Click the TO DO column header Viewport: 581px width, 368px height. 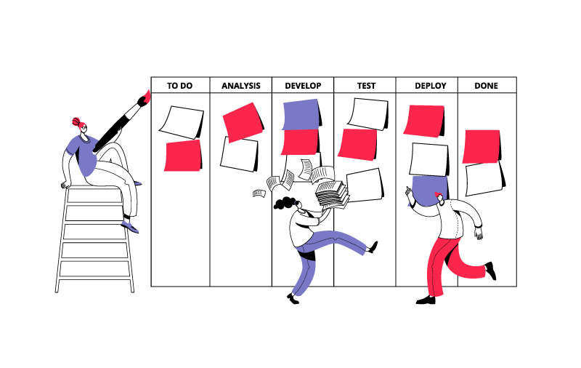pos(179,86)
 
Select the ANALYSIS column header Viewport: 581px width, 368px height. pos(241,86)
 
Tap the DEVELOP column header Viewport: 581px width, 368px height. pos(303,86)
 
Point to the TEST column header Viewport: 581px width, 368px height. pos(366,86)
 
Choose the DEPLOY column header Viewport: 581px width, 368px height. pos(431,86)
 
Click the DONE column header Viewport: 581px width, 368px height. pos(486,86)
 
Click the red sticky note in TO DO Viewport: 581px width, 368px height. pos(183,156)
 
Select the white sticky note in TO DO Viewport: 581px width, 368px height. pos(181,122)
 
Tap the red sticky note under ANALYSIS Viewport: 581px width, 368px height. pos(243,122)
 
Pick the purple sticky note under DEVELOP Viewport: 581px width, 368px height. pos(301,114)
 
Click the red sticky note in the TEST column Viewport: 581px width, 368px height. pos(357,145)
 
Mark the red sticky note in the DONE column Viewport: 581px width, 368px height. pos(482,146)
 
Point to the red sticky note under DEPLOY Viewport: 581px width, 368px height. pos(424,121)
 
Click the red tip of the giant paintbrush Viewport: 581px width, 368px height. pos(147,96)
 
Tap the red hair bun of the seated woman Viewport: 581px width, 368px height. pos(76,121)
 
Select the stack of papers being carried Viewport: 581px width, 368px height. pos(332,193)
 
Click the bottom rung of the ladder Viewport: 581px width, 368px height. pos(95,278)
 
